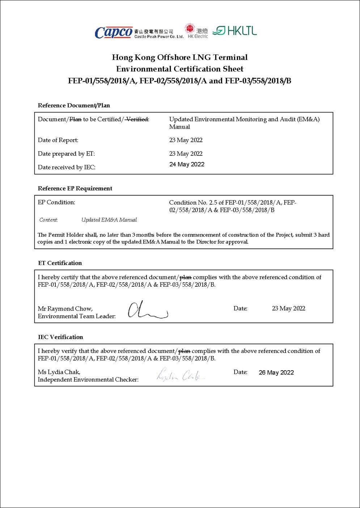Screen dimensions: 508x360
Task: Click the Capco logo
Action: pos(113,33)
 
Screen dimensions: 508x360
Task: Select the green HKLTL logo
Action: pos(235,31)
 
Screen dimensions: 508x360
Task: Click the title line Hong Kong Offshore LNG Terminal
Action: pos(180,57)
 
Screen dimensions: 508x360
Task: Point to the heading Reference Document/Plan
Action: pos(74,106)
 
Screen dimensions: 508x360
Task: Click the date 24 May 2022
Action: pos(187,165)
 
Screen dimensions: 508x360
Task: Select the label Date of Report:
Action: pos(58,140)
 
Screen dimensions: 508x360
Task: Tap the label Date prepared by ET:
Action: pos(66,154)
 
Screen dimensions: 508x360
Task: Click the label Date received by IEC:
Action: pos(67,167)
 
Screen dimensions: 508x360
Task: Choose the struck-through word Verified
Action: pos(137,119)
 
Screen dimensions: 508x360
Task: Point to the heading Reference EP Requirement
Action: pos(75,188)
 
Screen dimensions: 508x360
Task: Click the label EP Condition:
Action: pos(56,202)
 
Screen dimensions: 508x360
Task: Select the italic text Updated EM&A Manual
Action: pos(109,220)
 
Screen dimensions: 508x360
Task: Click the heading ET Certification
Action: pos(60,263)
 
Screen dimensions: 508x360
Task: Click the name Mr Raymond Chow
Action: pos(65,309)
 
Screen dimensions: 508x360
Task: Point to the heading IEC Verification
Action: pos(60,337)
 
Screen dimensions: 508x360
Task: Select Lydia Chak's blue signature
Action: pos(180,375)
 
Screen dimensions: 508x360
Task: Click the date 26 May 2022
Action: pos(276,373)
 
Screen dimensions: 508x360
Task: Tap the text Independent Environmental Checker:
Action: pos(88,380)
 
